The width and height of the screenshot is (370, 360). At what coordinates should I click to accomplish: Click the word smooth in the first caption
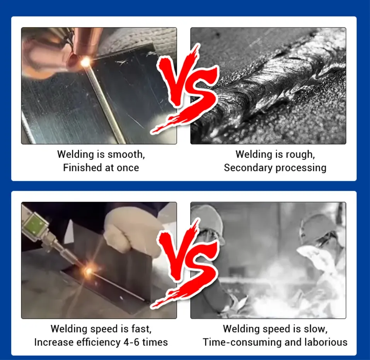[x=126, y=155]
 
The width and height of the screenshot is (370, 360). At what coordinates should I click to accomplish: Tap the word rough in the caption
[x=300, y=155]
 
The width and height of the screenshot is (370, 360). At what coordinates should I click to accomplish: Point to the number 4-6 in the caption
[x=131, y=342]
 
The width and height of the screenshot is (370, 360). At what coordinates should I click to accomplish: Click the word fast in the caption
[x=142, y=329]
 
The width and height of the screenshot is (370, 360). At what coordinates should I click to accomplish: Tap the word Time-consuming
[x=242, y=342]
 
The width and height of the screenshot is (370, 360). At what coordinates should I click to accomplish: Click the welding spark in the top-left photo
[x=85, y=62]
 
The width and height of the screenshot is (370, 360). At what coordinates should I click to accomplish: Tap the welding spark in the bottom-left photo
[x=89, y=271]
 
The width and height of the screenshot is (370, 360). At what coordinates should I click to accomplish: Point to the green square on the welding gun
[x=34, y=225]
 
